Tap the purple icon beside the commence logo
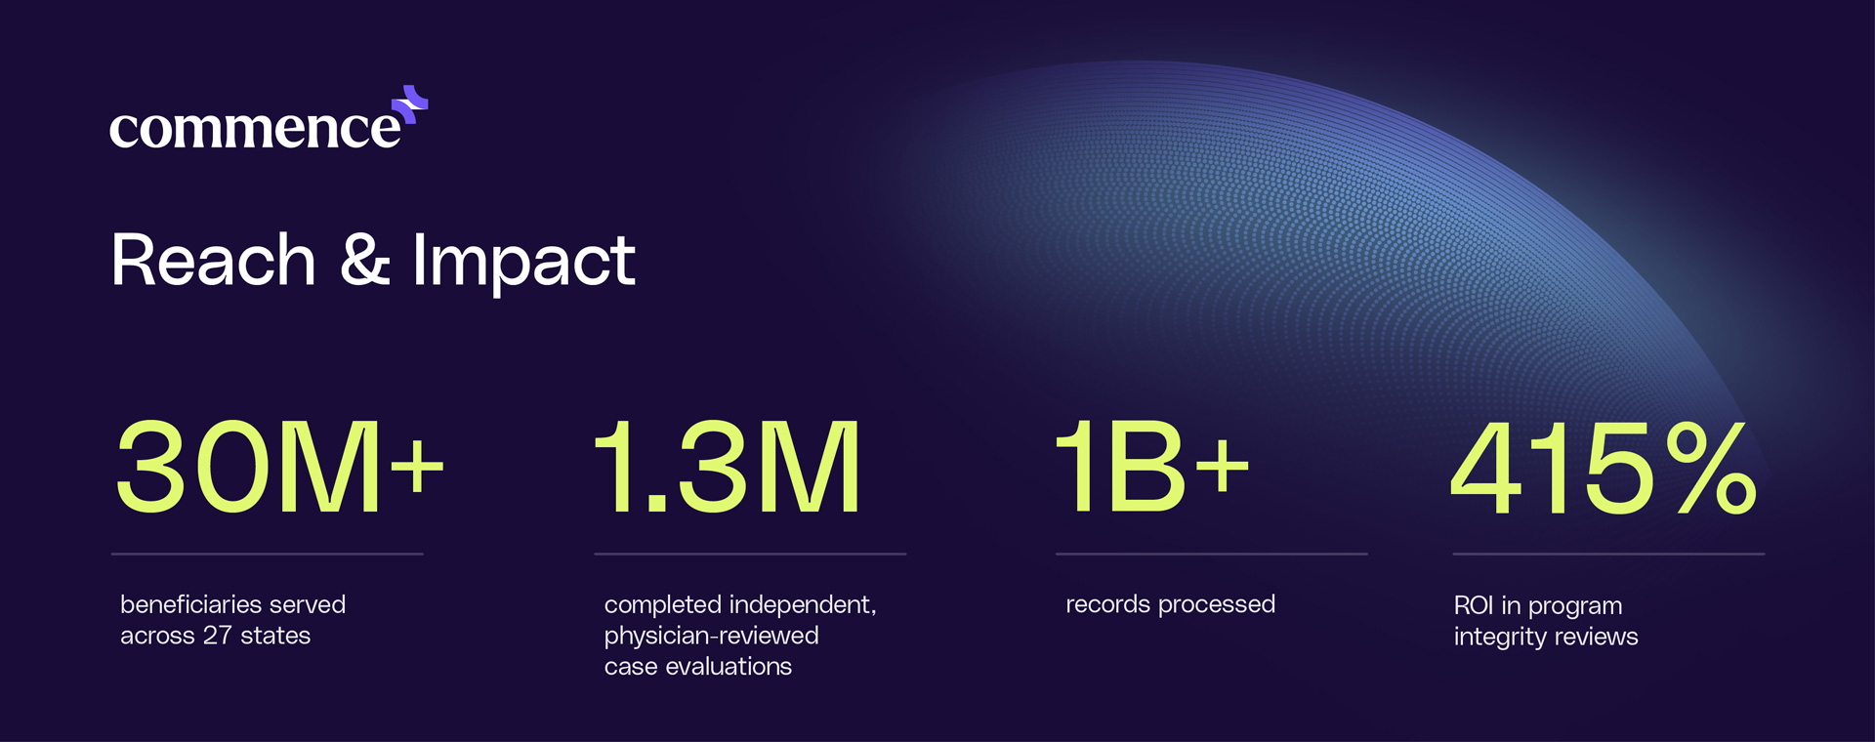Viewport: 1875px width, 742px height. [411, 104]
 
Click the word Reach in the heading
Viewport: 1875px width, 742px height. [214, 261]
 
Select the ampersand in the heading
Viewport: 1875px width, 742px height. [365, 261]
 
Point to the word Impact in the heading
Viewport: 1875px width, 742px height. [523, 264]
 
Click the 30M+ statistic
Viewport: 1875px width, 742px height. [280, 466]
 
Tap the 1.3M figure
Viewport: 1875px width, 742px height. [728, 466]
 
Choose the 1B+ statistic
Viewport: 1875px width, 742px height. [1152, 466]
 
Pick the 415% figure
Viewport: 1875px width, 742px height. [1604, 467]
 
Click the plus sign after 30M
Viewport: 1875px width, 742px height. [417, 466]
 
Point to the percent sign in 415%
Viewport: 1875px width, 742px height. [1711, 467]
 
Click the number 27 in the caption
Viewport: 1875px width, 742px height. [218, 636]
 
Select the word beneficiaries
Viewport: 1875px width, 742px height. [193, 604]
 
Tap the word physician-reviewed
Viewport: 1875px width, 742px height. [711, 637]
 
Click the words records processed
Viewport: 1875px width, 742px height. [1170, 604]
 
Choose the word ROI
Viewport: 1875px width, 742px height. [1474, 605]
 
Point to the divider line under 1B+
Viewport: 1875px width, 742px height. [1212, 554]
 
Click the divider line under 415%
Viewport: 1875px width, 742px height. [1608, 554]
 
